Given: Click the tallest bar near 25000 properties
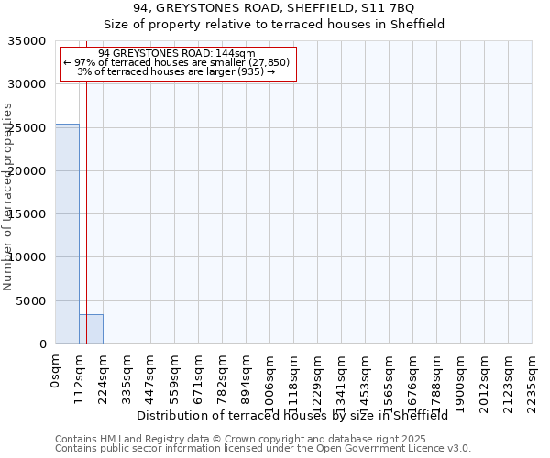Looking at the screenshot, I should tap(67, 234).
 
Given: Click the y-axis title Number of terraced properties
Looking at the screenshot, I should tap(9, 196).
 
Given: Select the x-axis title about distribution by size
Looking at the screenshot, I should tap(298, 415).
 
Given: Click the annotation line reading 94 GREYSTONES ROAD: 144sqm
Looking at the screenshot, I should tap(177, 53).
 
